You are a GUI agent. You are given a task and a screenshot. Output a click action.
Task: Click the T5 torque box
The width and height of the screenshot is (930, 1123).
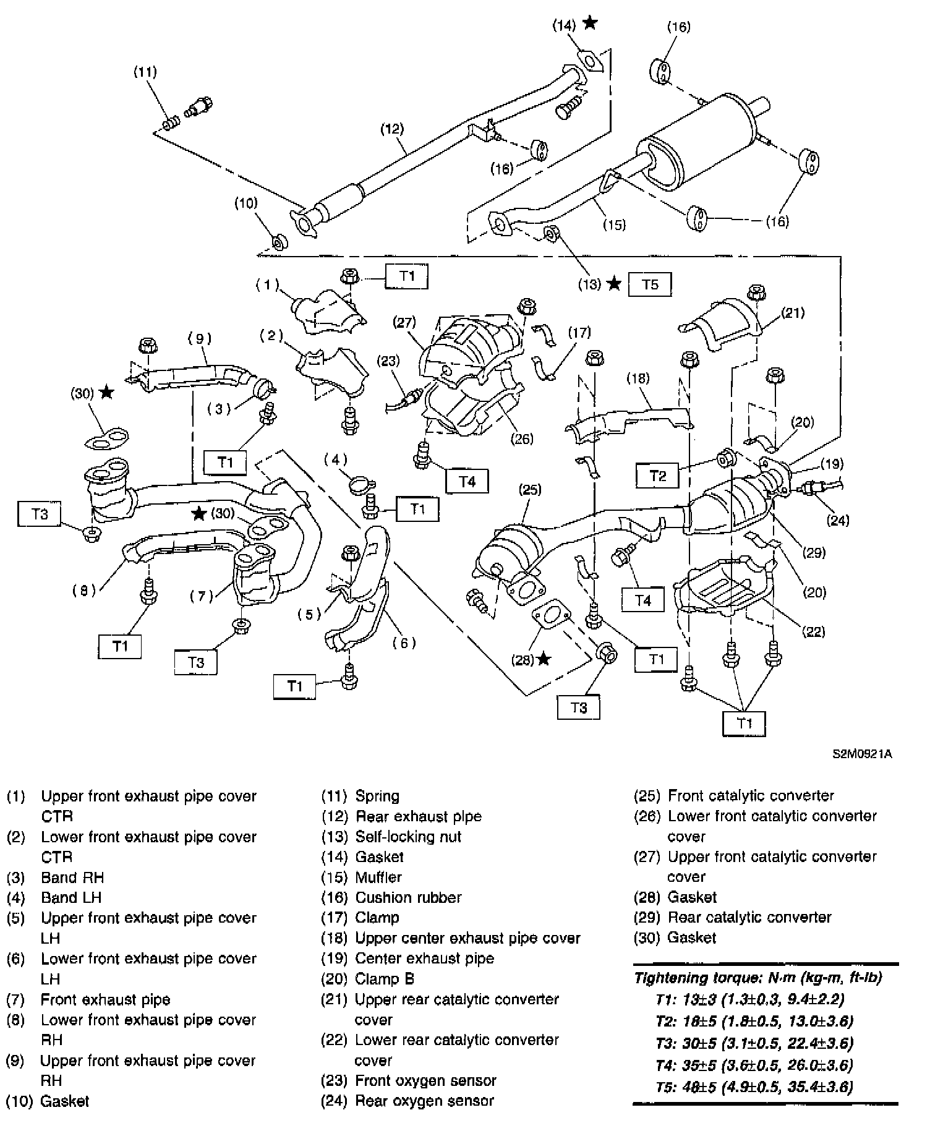click(x=650, y=284)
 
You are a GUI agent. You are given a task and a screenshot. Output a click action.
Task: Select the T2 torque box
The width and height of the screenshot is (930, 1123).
click(x=657, y=476)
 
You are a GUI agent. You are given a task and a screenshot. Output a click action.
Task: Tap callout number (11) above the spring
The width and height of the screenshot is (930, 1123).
click(x=145, y=72)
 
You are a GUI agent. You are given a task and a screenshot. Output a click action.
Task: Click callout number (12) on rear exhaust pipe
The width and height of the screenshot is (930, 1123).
click(x=392, y=129)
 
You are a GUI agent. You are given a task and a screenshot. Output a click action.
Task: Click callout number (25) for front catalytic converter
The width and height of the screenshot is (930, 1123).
click(x=530, y=490)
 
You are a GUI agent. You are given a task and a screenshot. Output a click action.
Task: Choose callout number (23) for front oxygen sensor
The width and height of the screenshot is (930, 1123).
click(x=388, y=361)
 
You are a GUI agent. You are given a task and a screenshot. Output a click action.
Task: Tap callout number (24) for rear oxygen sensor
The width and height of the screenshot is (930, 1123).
click(x=838, y=520)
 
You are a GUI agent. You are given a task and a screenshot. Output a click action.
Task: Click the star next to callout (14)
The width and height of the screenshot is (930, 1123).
click(x=591, y=23)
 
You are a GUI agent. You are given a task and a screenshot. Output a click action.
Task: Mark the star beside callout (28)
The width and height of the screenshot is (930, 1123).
click(x=543, y=659)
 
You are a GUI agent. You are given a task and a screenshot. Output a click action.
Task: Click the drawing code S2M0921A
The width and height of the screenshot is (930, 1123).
click(x=862, y=754)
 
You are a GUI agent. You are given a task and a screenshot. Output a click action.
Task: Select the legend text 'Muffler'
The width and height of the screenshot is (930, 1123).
click(x=378, y=877)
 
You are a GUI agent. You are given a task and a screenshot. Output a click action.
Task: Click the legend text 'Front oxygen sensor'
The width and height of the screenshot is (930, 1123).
click(x=425, y=1080)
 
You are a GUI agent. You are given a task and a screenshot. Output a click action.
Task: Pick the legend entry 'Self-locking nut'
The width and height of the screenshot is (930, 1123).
click(x=408, y=837)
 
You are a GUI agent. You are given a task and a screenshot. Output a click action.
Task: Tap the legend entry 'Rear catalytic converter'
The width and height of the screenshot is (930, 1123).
click(x=749, y=917)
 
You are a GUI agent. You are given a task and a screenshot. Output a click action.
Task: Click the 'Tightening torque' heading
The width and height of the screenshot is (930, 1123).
click(x=758, y=978)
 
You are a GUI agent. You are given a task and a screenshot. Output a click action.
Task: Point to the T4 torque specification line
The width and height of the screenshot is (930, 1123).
click(x=754, y=1065)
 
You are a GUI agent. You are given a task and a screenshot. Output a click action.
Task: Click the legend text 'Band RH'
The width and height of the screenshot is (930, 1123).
click(x=72, y=877)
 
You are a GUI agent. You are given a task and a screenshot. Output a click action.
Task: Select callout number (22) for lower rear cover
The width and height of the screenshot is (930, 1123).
click(x=814, y=631)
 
